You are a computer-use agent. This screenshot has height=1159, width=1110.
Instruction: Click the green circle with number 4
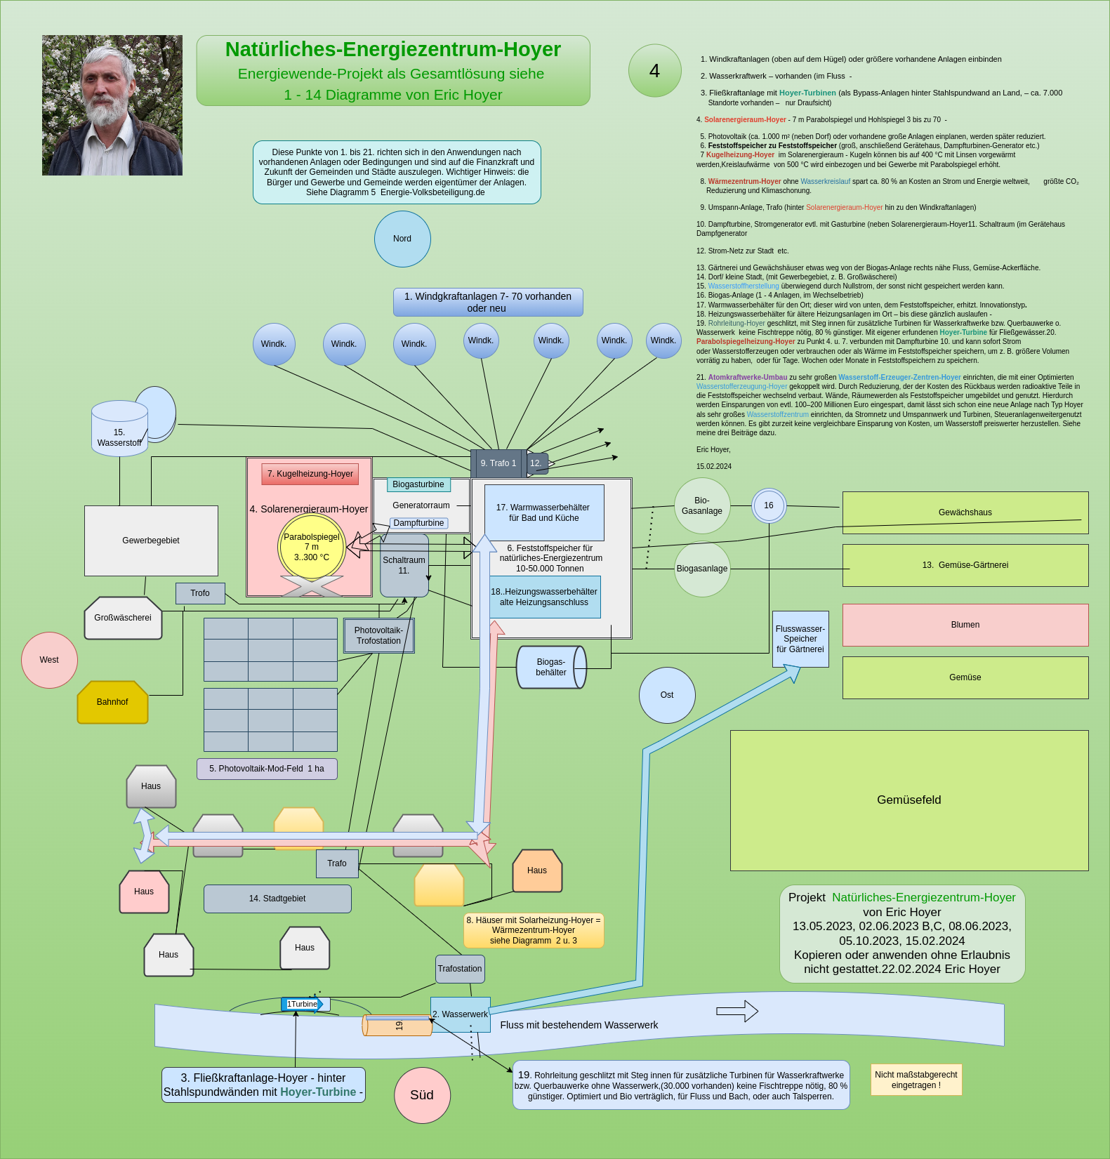pyautogui.click(x=654, y=71)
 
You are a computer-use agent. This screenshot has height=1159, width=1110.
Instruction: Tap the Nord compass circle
pyautogui.click(x=402, y=239)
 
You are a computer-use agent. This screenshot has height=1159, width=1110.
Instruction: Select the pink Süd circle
pyautogui.click(x=422, y=1095)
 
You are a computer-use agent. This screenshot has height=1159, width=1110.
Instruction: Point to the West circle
pyautogui.click(x=49, y=660)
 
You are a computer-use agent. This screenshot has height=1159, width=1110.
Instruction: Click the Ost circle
pyautogui.click(x=667, y=695)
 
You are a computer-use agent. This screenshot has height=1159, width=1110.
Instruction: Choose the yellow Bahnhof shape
pyautogui.click(x=112, y=702)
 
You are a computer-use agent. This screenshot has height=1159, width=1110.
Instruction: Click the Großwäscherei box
pyautogui.click(x=123, y=618)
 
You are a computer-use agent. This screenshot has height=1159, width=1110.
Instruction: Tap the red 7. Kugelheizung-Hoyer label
pyautogui.click(x=310, y=474)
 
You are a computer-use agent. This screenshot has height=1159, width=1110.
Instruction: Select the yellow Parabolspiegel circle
pyautogui.click(x=312, y=548)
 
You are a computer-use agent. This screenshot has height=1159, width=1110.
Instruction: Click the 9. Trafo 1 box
pyautogui.click(x=498, y=463)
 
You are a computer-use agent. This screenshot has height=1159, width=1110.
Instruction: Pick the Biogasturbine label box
pyautogui.click(x=418, y=484)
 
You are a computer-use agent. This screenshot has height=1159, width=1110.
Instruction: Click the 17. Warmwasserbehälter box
pyautogui.click(x=543, y=512)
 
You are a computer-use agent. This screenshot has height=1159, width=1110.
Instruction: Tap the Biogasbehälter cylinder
pyautogui.click(x=551, y=667)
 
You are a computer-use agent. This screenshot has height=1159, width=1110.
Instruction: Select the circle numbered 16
pyautogui.click(x=769, y=505)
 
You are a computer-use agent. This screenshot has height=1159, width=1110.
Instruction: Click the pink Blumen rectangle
pyautogui.click(x=965, y=625)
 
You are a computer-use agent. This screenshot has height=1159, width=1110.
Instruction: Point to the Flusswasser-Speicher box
pyautogui.click(x=800, y=639)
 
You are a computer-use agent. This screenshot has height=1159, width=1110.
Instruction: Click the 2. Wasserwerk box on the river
pyautogui.click(x=460, y=1014)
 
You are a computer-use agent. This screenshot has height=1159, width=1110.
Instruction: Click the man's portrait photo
pyautogui.click(x=112, y=105)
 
